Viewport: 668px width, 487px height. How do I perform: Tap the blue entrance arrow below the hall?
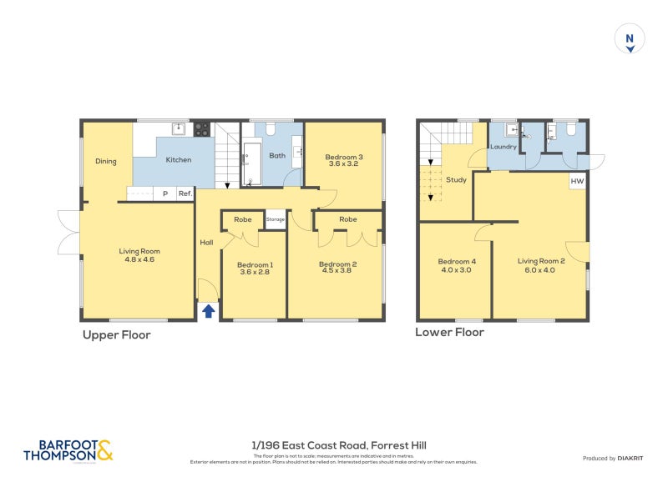pos(208,311)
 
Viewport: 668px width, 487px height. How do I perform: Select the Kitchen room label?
pos(179,160)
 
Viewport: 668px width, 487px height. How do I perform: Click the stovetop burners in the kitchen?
pos(201,129)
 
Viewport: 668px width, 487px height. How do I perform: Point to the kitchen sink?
pos(178,128)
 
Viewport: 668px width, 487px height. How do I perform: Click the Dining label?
pos(106,162)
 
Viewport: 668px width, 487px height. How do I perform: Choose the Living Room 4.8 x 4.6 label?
pos(139,255)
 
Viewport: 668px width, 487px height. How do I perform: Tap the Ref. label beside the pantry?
pos(185,193)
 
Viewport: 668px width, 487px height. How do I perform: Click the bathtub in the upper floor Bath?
pos(252,163)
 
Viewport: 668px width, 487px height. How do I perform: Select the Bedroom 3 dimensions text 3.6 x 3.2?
pos(344,164)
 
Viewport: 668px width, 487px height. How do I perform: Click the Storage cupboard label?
pos(275,219)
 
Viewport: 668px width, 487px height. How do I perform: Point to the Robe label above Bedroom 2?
pos(348,219)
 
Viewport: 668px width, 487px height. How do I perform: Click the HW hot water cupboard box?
pos(577,181)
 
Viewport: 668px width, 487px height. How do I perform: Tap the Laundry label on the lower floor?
pos(504,147)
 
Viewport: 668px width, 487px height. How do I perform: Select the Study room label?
pos(456,178)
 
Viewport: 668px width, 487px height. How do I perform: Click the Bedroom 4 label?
pos(455,265)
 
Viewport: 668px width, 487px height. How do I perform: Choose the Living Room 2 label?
pos(541,265)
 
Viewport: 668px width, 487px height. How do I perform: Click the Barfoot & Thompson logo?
pos(68,451)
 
